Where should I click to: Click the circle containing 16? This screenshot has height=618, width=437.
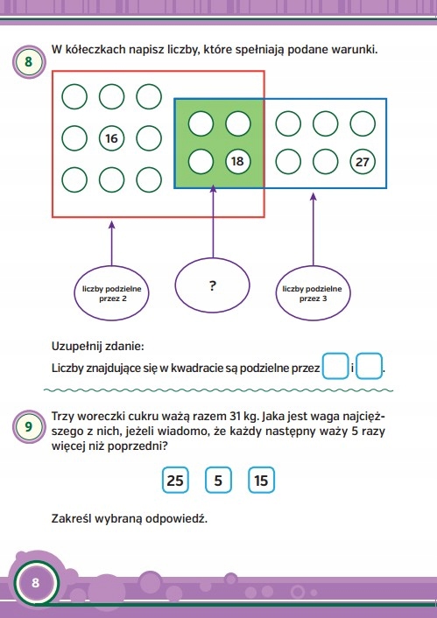click(111, 138)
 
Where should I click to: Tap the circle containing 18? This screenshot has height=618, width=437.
click(238, 161)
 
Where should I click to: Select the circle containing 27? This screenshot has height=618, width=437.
click(363, 162)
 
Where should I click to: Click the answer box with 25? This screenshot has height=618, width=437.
click(175, 481)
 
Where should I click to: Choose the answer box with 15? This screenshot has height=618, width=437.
click(261, 481)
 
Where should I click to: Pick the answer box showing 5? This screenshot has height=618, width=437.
click(218, 481)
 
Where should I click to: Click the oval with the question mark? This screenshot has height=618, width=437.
click(212, 285)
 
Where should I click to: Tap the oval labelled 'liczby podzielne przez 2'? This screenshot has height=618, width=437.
click(112, 293)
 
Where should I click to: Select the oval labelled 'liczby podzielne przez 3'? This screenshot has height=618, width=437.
click(313, 293)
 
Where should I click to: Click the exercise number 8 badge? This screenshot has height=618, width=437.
click(29, 62)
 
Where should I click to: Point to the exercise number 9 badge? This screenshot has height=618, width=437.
click(29, 427)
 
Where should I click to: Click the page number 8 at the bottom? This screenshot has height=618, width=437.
click(36, 583)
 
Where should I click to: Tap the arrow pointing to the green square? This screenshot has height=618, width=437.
click(213, 221)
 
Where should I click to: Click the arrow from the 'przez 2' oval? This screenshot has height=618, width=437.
click(111, 243)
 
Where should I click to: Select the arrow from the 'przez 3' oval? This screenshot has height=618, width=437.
click(314, 229)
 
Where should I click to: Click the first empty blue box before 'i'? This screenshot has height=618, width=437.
click(335, 367)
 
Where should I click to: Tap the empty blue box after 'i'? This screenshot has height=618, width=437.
click(370, 367)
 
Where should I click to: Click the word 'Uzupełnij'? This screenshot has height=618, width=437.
click(74, 347)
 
